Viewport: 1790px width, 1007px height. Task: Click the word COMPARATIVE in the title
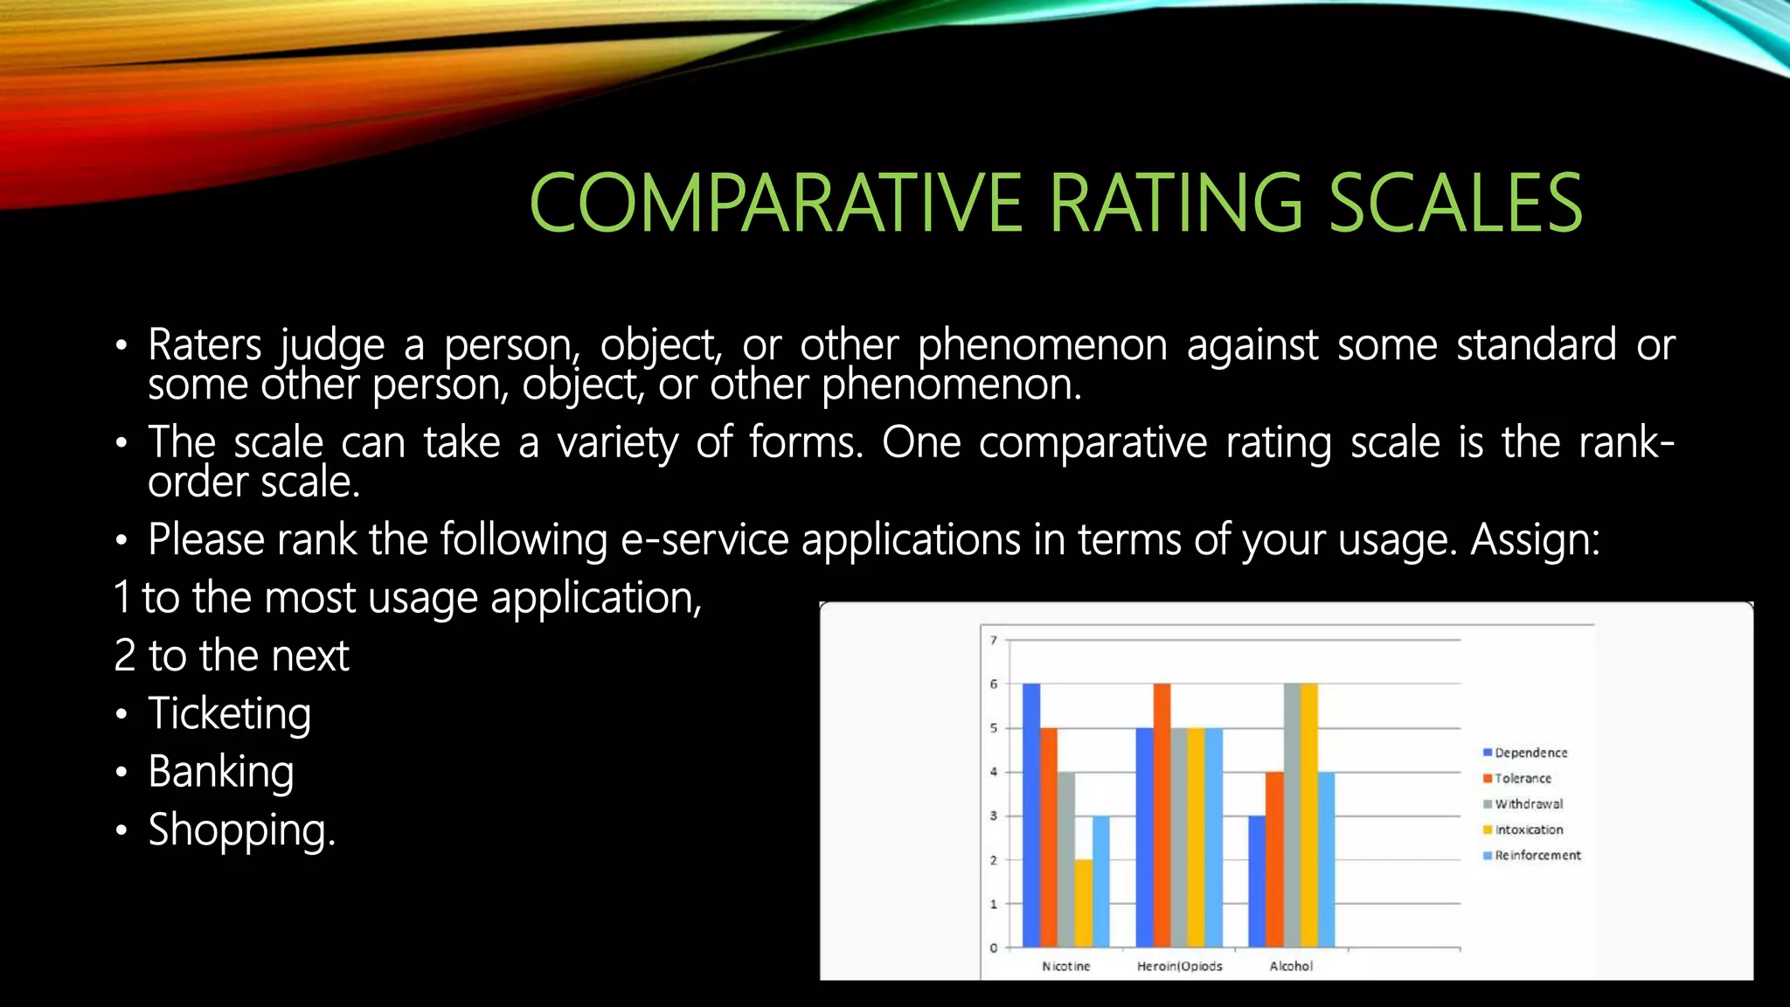pos(775,204)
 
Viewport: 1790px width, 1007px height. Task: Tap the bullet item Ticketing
pos(229,713)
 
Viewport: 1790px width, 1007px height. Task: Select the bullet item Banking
pos(220,772)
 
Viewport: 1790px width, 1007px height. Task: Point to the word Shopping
pos(241,830)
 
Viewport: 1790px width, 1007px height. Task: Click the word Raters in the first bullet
pos(205,344)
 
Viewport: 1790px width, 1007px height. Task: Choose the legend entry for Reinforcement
pos(1537,855)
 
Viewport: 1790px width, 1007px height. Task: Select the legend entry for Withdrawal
pos(1528,803)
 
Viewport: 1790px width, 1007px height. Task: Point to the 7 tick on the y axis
pos(994,640)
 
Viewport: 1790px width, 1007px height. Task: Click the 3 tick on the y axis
pos(994,816)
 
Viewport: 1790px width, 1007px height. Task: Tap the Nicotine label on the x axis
pos(1065,966)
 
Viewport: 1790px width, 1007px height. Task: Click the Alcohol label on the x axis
pos(1291,966)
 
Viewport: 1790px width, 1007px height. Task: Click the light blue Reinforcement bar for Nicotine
pos(1100,881)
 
